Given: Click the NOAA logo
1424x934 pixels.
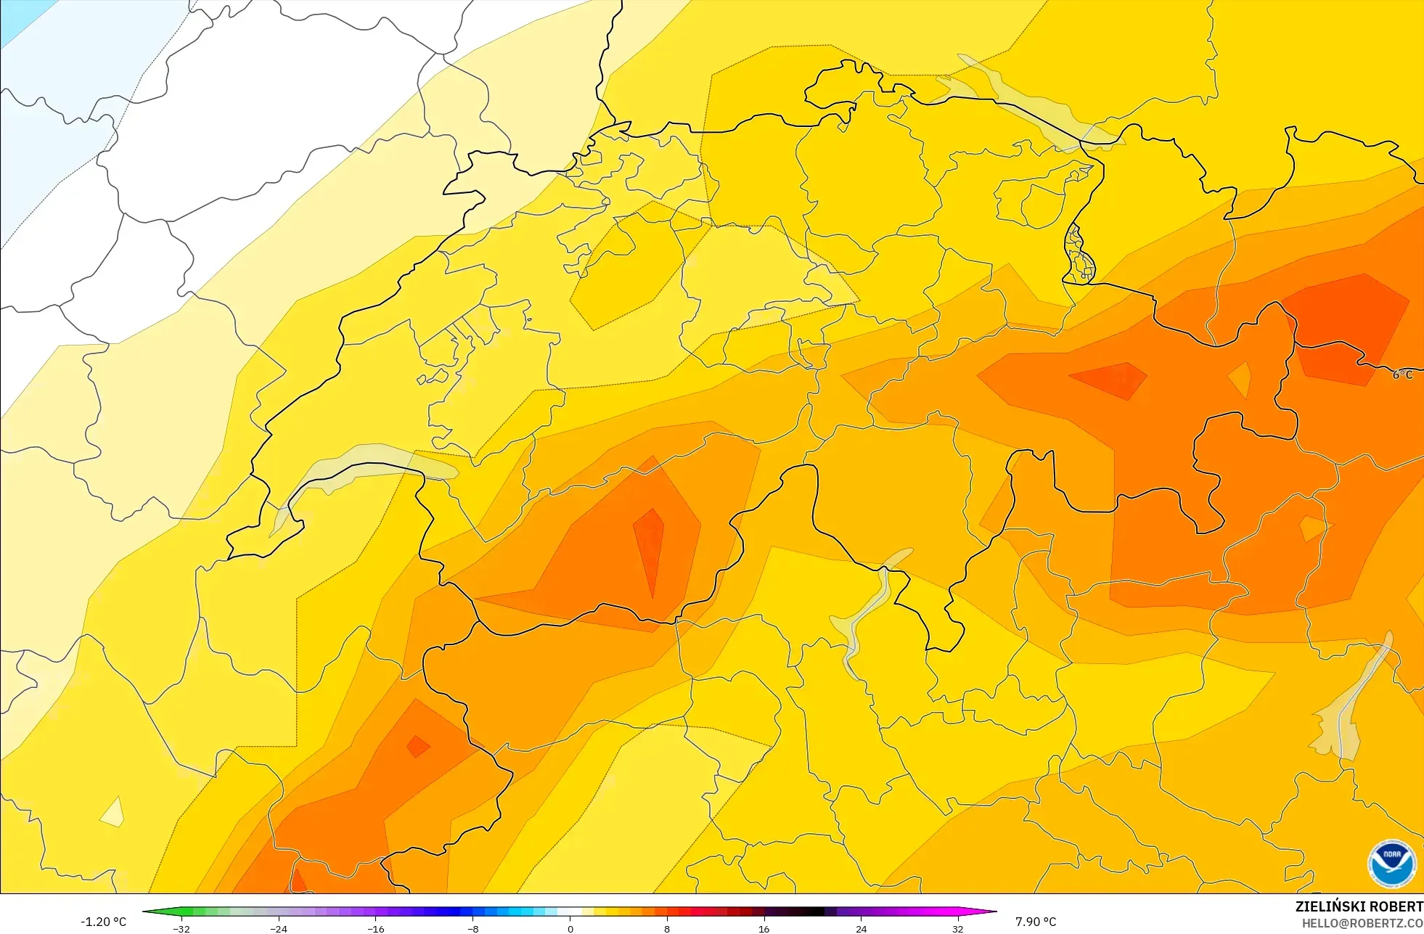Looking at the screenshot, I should (1391, 864).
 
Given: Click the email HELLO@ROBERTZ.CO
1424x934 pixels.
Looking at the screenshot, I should (1362, 923).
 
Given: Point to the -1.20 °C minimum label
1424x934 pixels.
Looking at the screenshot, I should (103, 922).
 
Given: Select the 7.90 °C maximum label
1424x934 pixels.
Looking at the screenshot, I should (1036, 922).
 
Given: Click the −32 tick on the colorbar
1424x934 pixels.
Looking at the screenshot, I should (181, 928).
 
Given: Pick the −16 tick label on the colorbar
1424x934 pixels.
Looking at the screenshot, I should (375, 928).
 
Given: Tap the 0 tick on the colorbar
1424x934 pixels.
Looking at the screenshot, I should (570, 928).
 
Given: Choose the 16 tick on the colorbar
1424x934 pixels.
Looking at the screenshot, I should (764, 928).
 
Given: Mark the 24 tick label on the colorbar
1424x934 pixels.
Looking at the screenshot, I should (861, 928).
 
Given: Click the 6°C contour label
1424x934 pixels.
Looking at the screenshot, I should (1402, 374).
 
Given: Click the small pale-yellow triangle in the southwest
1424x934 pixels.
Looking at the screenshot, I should (112, 813).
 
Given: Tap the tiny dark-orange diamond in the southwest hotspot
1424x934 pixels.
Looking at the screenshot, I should (417, 746).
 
